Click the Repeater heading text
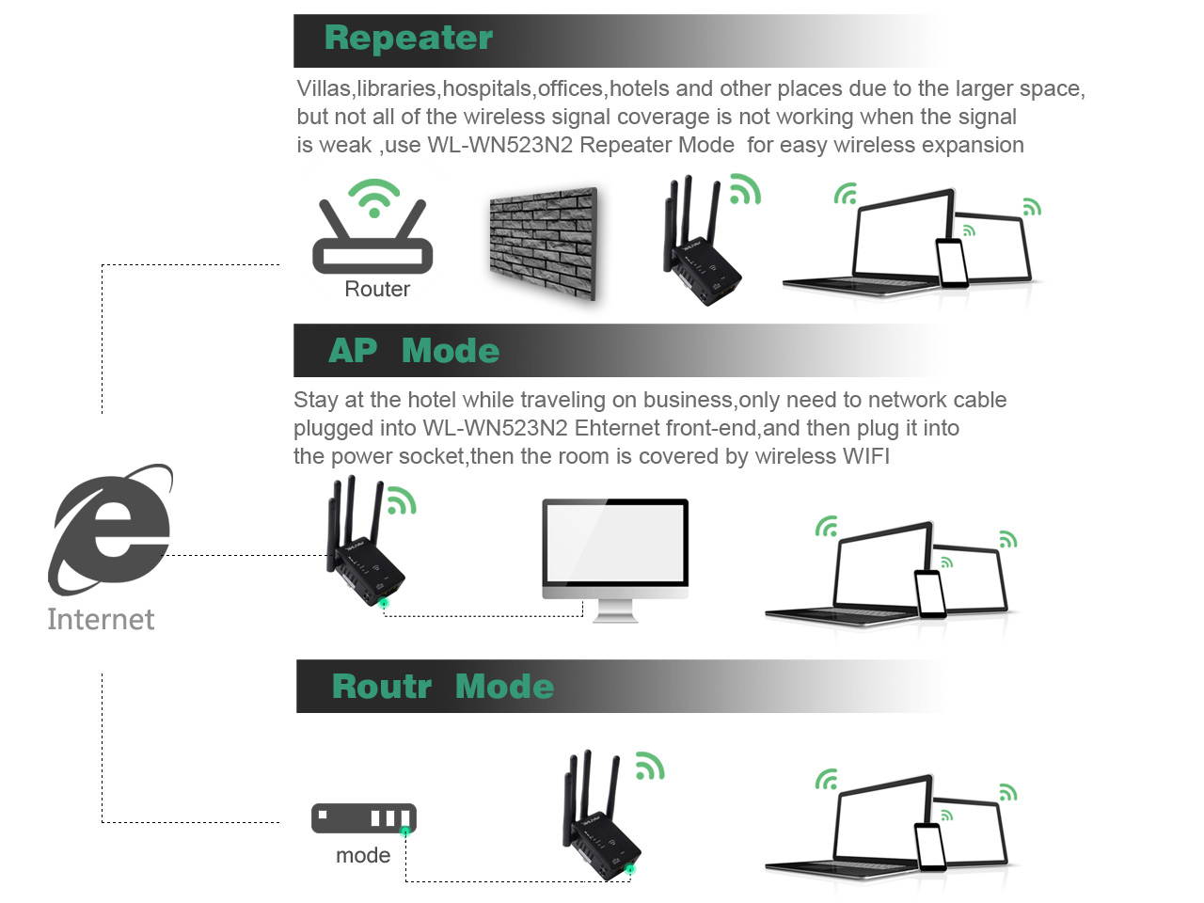[x=408, y=39]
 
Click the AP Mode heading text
[x=414, y=351]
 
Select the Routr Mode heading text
[x=442, y=687]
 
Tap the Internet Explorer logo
[x=111, y=530]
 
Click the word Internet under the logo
[x=101, y=619]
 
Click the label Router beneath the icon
[x=377, y=290]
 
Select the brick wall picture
[x=544, y=242]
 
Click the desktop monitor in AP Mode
[x=615, y=555]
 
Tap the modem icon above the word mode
[x=363, y=817]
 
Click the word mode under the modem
[x=363, y=856]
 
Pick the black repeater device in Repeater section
[x=700, y=245]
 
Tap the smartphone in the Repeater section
[x=951, y=263]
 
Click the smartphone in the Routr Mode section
[x=930, y=848]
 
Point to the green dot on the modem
[x=405, y=832]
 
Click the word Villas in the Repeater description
[x=324, y=89]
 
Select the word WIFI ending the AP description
[x=865, y=457]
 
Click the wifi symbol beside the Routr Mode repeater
[x=650, y=766]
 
